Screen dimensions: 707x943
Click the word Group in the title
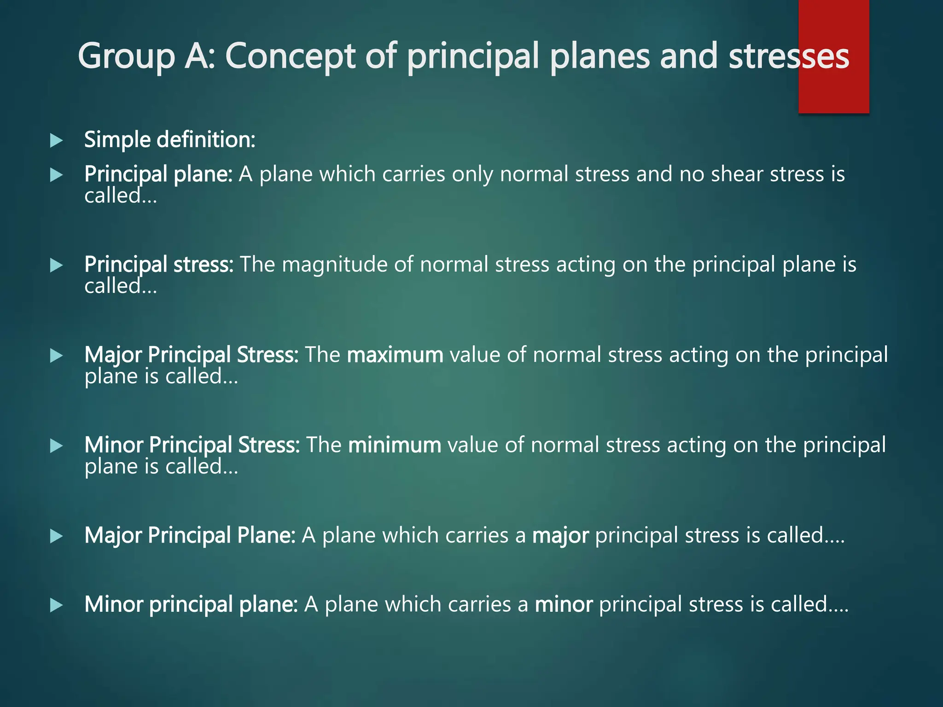point(126,57)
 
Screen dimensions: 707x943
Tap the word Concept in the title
point(291,57)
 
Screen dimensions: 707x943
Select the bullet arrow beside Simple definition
point(56,140)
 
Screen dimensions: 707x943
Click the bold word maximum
point(395,355)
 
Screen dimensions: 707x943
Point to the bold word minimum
point(395,445)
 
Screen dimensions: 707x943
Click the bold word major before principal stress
point(560,536)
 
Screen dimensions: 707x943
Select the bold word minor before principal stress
point(564,604)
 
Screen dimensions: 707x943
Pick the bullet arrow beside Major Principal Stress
point(56,355)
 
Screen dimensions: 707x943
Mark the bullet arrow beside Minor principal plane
point(56,605)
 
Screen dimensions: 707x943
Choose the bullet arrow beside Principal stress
point(56,265)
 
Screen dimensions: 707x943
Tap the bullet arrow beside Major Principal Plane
point(56,536)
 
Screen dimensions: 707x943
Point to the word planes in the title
point(600,57)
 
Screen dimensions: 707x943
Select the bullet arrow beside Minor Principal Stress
point(56,446)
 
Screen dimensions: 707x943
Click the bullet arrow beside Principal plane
point(56,175)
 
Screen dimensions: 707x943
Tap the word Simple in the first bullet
point(117,139)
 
